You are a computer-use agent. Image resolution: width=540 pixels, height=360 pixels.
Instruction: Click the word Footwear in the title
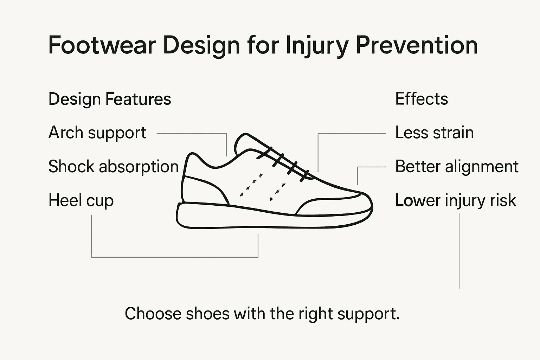click(102, 45)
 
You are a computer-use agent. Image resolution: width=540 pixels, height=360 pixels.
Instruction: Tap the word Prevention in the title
click(417, 45)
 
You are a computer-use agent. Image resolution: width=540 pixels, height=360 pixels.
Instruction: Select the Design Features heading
click(110, 99)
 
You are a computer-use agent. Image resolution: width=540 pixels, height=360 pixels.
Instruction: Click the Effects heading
click(422, 99)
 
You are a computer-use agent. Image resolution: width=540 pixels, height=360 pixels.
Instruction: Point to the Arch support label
click(97, 133)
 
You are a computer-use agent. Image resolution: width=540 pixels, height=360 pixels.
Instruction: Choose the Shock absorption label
click(113, 167)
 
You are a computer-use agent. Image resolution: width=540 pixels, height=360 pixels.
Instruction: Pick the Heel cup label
click(81, 201)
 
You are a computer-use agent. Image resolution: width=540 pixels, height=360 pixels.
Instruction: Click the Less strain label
click(434, 133)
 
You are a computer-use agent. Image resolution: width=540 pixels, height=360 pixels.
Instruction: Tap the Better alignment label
click(456, 167)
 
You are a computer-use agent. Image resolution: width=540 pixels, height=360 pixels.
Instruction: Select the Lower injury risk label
click(455, 201)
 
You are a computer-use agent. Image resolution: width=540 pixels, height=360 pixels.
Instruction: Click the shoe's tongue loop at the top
click(243, 142)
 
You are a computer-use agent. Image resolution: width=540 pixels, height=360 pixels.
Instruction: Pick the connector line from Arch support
click(192, 134)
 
